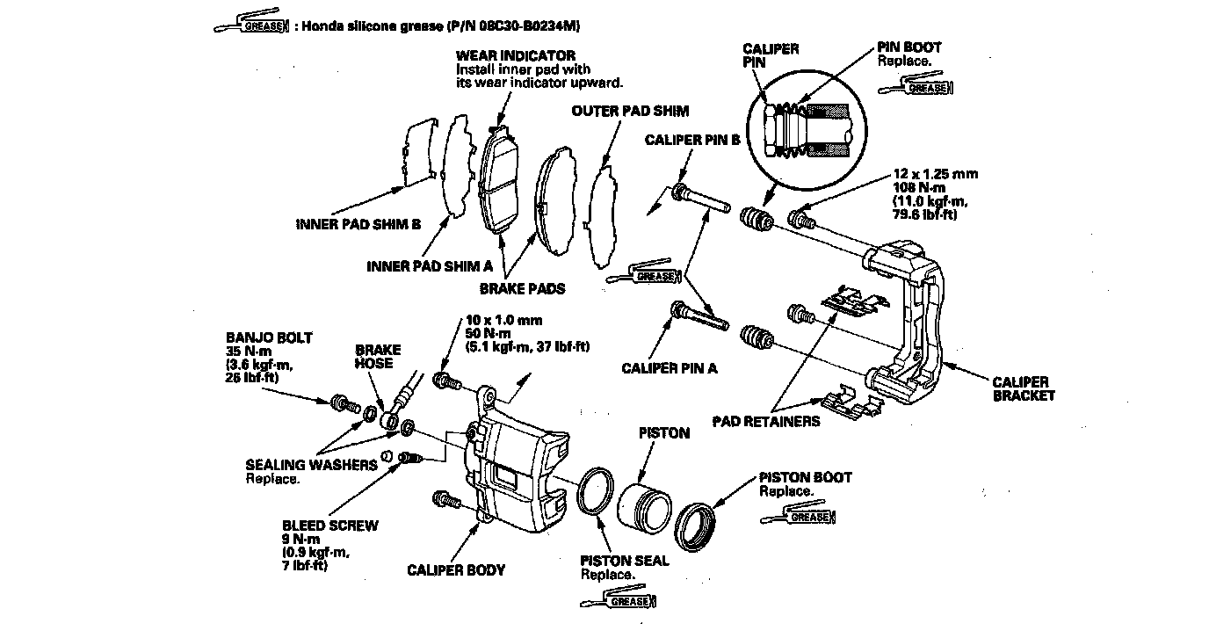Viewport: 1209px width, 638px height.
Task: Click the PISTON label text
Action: pyautogui.click(x=663, y=433)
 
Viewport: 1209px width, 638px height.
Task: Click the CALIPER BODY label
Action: pyautogui.click(x=456, y=570)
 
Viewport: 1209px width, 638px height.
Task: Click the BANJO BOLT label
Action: pyautogui.click(x=256, y=337)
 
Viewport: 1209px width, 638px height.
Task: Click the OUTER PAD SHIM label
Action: pyautogui.click(x=630, y=112)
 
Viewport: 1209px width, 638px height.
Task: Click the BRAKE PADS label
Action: pyautogui.click(x=522, y=288)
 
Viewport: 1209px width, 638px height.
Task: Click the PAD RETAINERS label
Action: pyautogui.click(x=766, y=421)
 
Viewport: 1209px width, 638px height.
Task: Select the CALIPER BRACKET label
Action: pyautogui.click(x=1024, y=388)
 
